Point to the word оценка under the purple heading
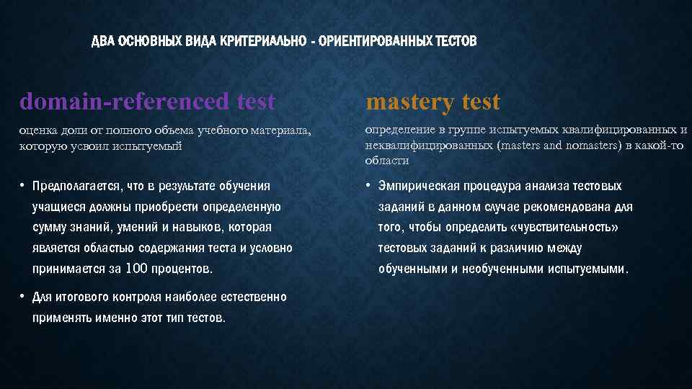[x=39, y=130]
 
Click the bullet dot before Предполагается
[x=23, y=186]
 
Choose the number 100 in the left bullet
[x=137, y=269]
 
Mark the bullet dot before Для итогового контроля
[x=23, y=297]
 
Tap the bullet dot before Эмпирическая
[x=369, y=186]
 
